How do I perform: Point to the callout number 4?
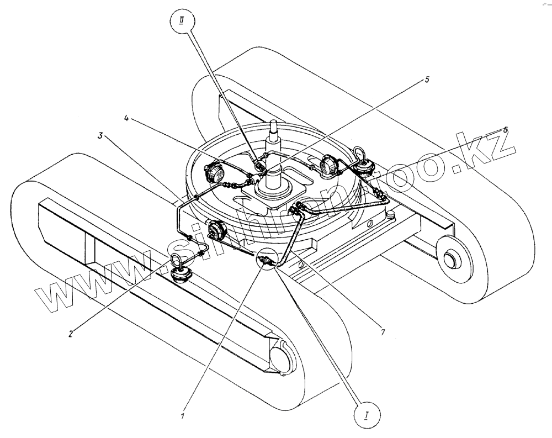(x=126, y=119)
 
